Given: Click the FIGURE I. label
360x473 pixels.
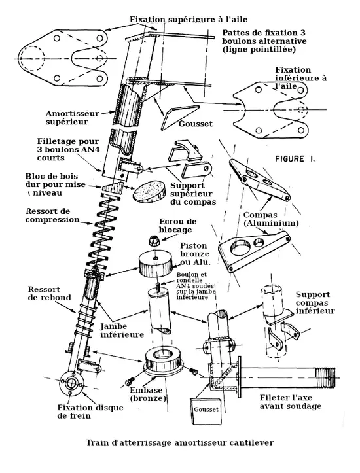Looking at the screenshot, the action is point(295,159).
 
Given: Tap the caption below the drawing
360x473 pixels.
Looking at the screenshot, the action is point(180,442).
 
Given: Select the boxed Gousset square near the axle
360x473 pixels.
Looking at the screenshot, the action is point(206,411).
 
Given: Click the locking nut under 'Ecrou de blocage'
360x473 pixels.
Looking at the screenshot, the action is point(154,241).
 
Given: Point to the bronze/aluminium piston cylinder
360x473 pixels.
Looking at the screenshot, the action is point(155,262).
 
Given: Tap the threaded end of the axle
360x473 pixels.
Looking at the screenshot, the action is point(325,377).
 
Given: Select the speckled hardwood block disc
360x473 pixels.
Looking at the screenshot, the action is point(150,192).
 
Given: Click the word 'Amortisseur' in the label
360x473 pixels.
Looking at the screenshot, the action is point(73,114).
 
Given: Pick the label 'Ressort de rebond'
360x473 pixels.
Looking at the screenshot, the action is point(50,293).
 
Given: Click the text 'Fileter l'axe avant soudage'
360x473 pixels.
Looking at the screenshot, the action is point(291,402).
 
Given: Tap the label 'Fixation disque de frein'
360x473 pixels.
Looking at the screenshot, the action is point(90,412).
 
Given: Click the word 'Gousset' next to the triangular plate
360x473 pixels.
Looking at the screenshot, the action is point(196,124).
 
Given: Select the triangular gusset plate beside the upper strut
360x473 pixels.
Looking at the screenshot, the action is point(180,116).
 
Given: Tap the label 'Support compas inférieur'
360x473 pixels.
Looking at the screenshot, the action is point(315,302).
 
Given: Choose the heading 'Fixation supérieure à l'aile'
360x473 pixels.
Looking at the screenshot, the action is point(189,20).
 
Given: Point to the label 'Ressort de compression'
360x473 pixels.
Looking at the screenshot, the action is point(52,215).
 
